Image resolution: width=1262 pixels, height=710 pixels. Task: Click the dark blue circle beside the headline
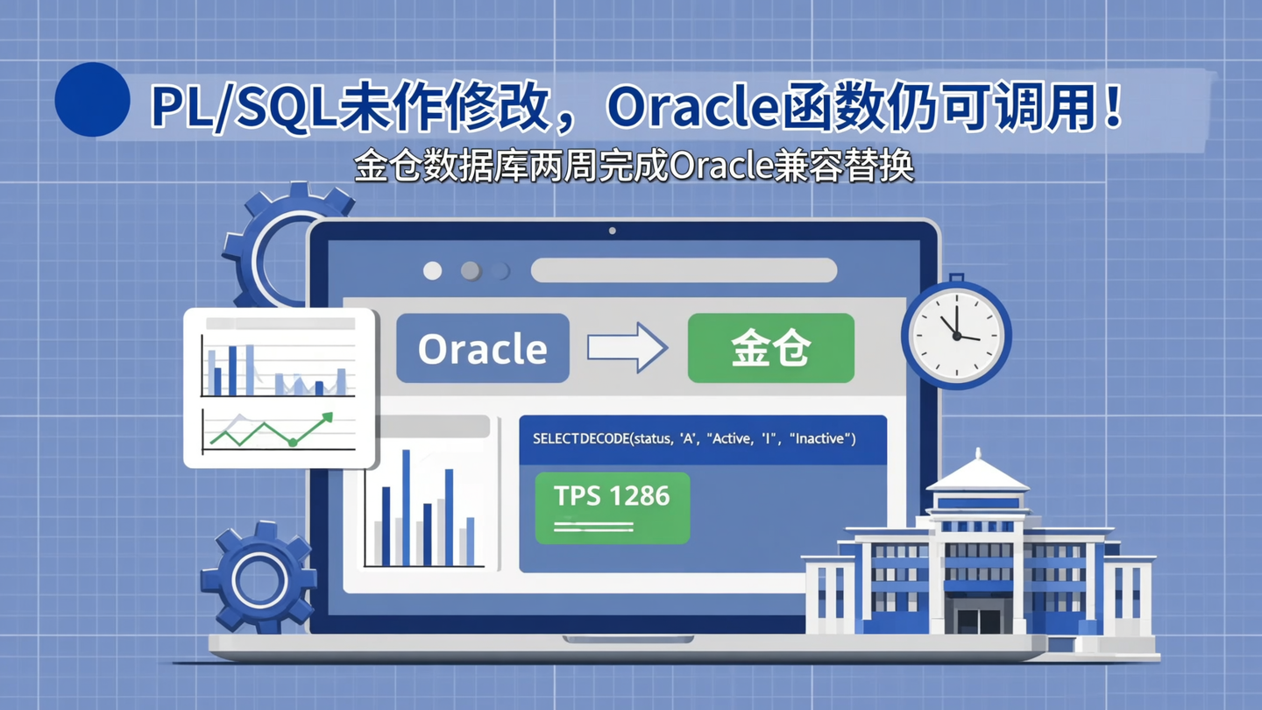point(92,100)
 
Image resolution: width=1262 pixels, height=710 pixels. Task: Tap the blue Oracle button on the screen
point(482,348)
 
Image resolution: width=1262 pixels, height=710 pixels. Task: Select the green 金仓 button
point(770,348)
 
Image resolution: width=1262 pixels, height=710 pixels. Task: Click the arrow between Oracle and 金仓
point(627,348)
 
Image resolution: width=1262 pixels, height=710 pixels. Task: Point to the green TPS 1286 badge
point(612,508)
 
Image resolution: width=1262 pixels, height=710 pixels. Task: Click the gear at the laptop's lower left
point(259,578)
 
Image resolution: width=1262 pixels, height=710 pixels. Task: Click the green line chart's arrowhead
point(327,418)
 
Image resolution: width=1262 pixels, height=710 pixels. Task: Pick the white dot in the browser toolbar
point(433,271)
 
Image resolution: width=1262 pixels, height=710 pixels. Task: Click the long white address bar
point(684,271)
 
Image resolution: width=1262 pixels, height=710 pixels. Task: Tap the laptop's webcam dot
point(612,231)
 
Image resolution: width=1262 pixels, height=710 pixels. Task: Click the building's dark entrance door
point(979,618)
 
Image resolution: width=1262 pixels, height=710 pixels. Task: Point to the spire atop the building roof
point(978,457)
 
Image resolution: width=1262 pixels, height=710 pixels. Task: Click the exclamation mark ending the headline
point(1114,106)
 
